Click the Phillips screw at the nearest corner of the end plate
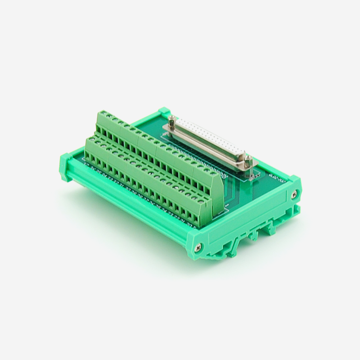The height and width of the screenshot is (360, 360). click(x=198, y=246)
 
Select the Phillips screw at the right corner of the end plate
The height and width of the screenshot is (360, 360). click(x=293, y=194)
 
